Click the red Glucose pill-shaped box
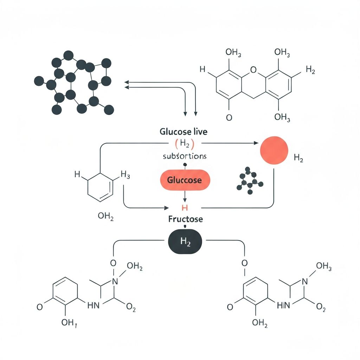(185, 180)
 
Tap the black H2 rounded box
(185, 242)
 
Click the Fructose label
(185, 219)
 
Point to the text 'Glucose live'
(184, 132)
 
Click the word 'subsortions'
(185, 156)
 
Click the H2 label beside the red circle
(298, 159)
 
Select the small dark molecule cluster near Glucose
(250, 181)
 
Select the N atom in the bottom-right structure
(304, 281)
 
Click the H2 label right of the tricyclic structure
(310, 70)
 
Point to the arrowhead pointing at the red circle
(256, 143)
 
